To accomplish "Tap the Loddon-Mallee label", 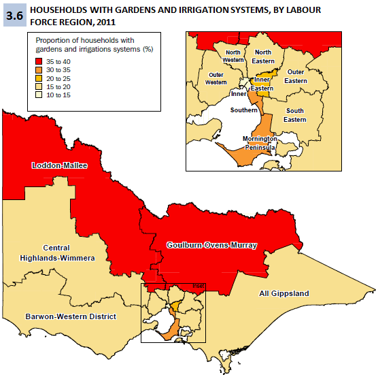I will (x=59, y=165).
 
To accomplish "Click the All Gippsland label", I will (x=283, y=293).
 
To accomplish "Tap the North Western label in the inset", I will (x=233, y=56).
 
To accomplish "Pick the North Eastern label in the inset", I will (x=264, y=56).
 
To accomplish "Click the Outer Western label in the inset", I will (x=217, y=78).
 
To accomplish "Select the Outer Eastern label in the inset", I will (x=296, y=76).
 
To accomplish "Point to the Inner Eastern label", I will (x=262, y=84).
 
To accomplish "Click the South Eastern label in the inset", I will (x=295, y=115).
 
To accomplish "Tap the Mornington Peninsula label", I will (x=260, y=142).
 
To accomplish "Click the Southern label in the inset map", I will (x=243, y=110).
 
